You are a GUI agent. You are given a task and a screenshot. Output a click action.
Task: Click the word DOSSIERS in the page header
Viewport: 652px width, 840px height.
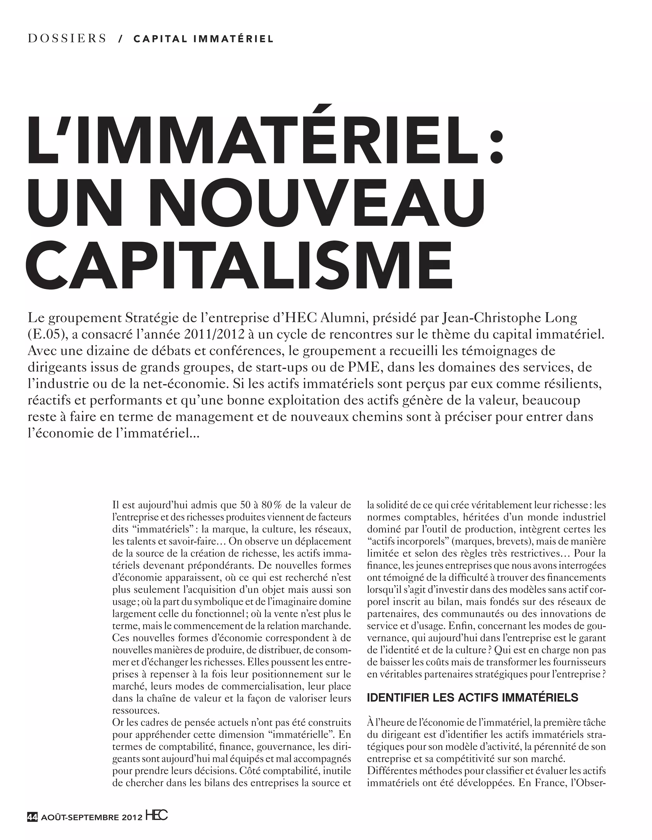tap(67, 39)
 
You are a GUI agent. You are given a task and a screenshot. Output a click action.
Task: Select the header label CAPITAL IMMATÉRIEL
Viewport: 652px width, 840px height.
tap(203, 39)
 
